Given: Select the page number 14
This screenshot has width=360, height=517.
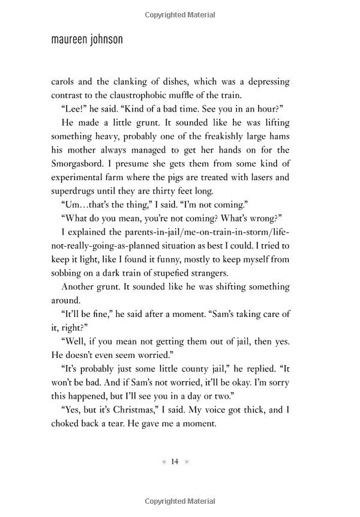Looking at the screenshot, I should [x=175, y=461].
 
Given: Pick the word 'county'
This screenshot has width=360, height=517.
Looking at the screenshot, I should [x=188, y=369].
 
